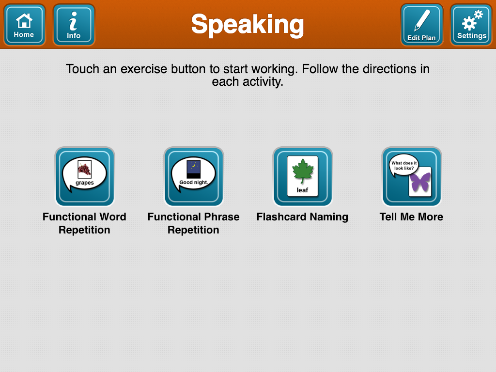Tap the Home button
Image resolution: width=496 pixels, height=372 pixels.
coord(24,25)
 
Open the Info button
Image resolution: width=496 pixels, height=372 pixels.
coord(74,25)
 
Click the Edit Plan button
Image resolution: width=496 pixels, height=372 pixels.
coord(421,25)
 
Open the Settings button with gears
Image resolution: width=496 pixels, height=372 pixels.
coord(471,25)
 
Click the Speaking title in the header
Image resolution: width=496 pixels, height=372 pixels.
coord(248,24)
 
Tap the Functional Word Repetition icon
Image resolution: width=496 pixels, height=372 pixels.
coord(85,177)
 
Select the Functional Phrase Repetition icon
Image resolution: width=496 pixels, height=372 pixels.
coord(194,177)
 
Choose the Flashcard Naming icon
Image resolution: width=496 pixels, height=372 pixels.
coord(303,177)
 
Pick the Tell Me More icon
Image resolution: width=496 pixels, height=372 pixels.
coord(412,177)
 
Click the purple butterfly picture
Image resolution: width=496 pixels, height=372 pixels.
coord(420,182)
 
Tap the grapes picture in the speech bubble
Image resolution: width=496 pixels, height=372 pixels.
coord(85,169)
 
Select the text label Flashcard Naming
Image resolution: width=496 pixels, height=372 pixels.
coord(302,217)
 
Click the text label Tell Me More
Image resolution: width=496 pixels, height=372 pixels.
coord(411,217)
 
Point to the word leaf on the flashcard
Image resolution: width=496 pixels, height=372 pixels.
coord(302,190)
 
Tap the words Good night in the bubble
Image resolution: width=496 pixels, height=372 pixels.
coord(193,183)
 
